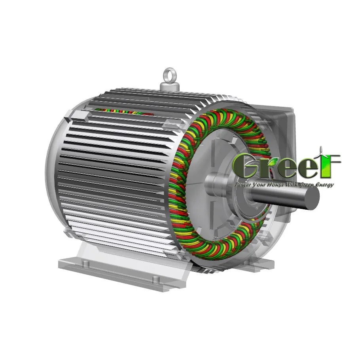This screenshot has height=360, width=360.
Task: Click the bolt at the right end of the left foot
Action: [155, 280]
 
